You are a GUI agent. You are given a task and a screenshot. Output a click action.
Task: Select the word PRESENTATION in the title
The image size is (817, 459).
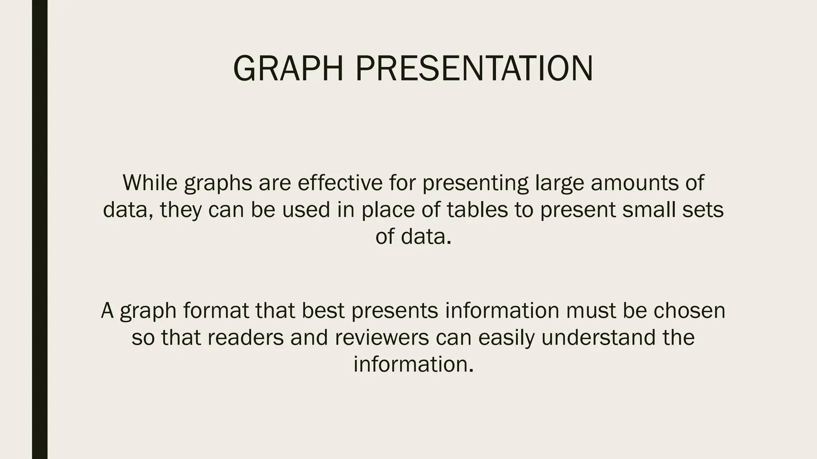tap(474, 69)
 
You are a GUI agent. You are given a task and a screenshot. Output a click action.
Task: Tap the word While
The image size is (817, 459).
tap(150, 182)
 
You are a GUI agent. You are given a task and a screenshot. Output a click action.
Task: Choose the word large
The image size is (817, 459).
tap(559, 183)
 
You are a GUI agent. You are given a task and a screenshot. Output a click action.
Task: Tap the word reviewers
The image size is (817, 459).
tap(382, 337)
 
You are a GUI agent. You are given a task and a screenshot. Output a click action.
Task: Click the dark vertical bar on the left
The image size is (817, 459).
tap(39, 229)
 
